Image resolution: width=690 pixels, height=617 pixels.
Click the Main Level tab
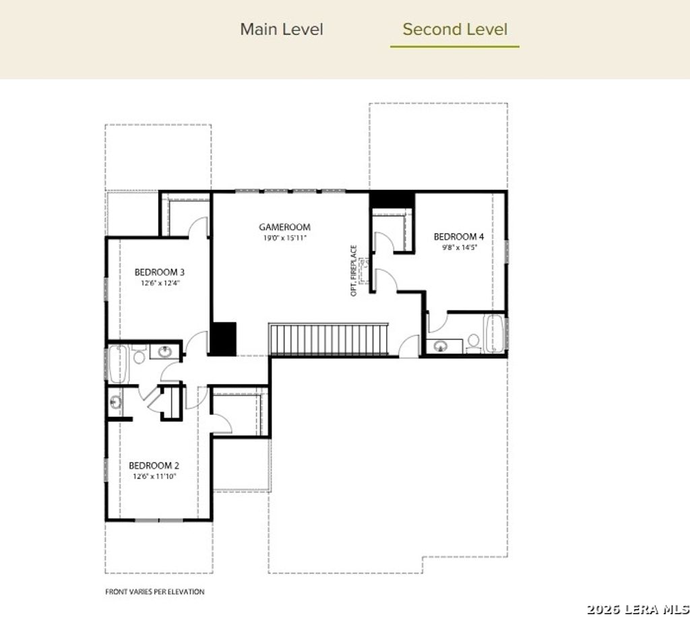click(282, 30)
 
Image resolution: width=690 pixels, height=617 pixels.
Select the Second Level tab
click(455, 30)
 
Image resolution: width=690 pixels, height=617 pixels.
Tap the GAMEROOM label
click(284, 227)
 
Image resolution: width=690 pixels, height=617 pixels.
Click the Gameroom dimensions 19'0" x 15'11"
click(284, 238)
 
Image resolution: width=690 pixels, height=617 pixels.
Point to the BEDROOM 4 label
click(458, 236)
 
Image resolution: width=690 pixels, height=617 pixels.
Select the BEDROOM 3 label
click(160, 272)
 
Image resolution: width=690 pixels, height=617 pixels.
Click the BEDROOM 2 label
click(154, 465)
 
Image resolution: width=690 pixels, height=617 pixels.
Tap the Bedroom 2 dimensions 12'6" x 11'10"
click(154, 477)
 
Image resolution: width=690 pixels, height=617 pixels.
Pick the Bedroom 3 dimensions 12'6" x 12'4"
click(160, 284)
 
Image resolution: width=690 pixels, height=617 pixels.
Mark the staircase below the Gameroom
click(329, 339)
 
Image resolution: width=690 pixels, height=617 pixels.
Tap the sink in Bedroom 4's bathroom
click(441, 347)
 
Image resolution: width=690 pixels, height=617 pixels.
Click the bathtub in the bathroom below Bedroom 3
click(117, 364)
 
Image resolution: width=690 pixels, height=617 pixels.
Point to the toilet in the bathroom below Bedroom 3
click(139, 355)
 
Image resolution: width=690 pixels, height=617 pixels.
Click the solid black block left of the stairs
click(223, 338)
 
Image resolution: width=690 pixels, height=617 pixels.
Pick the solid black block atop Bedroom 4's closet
click(391, 199)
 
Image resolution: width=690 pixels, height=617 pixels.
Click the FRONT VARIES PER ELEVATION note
click(154, 592)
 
